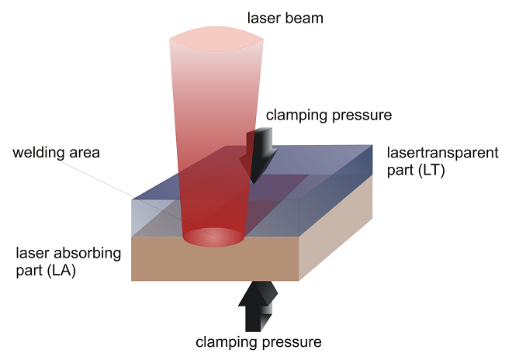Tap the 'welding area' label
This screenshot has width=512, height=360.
tap(57, 152)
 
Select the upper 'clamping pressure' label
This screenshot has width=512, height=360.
tap(329, 116)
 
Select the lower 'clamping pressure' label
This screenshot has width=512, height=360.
tap(258, 341)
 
